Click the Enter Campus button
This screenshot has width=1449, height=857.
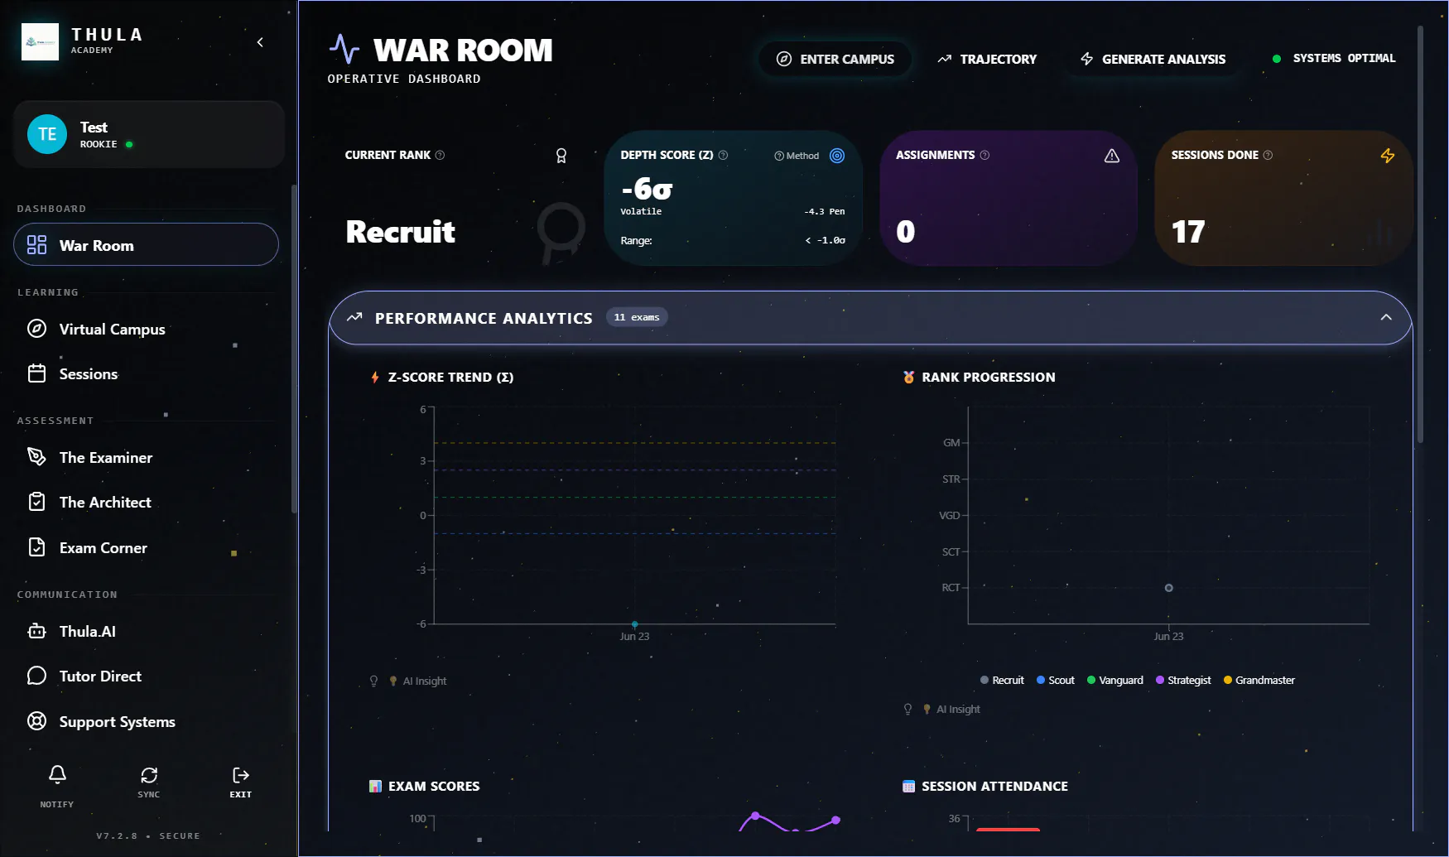tap(835, 59)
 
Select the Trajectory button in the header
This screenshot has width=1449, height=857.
tap(987, 59)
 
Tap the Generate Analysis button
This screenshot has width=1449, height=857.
tap(1153, 59)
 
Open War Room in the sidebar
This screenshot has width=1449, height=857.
tap(146, 245)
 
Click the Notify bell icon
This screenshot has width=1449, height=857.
tap(57, 775)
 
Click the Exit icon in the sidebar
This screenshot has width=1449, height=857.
tap(241, 775)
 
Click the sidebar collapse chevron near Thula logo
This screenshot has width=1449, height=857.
tap(260, 42)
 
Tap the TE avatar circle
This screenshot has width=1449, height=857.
tap(47, 134)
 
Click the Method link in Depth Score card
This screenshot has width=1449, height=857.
tap(797, 156)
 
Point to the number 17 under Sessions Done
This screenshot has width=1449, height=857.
tap(1188, 232)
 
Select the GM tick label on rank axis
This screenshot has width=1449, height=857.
tap(951, 443)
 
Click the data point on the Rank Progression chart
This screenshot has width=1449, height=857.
tap(1169, 588)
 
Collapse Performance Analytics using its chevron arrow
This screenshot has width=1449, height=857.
tap(1386, 317)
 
